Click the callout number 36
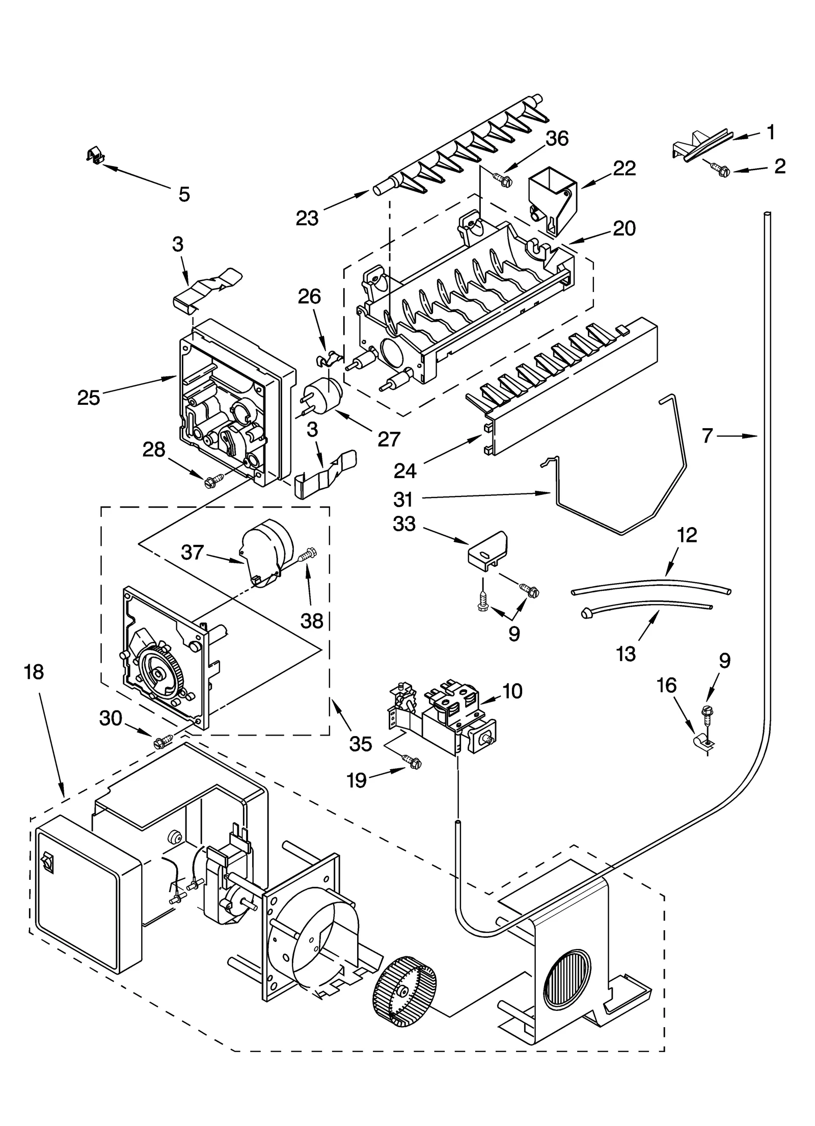556,138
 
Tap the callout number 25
89,397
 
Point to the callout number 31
403,499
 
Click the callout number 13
626,653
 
